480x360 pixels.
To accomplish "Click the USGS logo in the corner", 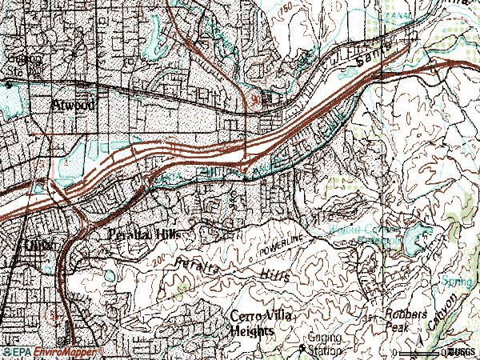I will pos(462,351).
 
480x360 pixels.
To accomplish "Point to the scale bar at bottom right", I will pos(420,351).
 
